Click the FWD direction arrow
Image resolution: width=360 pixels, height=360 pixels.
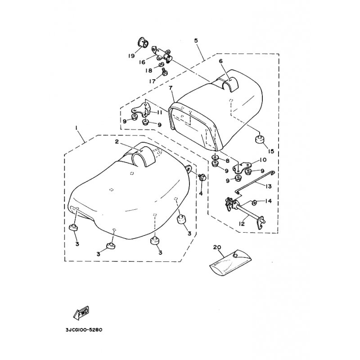(x=81, y=313)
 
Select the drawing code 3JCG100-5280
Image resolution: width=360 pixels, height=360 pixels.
(x=84, y=330)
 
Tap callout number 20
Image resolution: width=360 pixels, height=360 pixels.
(x=217, y=247)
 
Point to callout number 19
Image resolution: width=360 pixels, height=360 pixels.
(x=131, y=56)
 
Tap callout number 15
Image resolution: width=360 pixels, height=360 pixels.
(x=271, y=151)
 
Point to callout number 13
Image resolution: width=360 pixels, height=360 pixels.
(x=268, y=186)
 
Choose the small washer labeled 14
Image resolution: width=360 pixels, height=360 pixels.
(x=255, y=202)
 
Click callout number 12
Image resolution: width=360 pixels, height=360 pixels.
(x=242, y=223)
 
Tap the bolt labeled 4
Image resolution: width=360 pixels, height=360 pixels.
(x=202, y=177)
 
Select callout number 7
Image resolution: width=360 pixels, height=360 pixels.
(x=171, y=88)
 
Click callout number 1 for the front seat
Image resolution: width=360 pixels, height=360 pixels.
(x=76, y=128)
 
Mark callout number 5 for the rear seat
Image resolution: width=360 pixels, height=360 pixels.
(x=196, y=40)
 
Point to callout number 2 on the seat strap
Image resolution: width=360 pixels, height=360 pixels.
(x=117, y=142)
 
